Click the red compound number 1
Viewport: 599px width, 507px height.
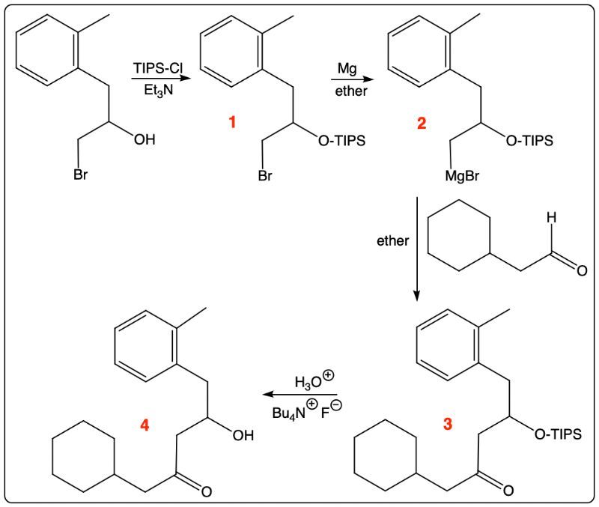click(x=232, y=123)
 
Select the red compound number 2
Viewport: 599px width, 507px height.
click(x=422, y=124)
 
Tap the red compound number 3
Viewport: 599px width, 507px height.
click(x=447, y=424)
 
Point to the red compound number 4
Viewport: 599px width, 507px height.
click(x=145, y=425)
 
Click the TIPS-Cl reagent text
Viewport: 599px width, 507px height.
click(x=158, y=68)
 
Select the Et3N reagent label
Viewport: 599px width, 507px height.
click(x=158, y=91)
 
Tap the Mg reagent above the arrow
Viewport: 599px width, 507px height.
click(x=347, y=69)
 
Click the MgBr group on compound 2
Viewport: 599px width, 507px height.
click(x=462, y=176)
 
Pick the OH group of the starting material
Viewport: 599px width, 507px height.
click(x=145, y=139)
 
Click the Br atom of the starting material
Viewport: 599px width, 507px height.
click(x=81, y=174)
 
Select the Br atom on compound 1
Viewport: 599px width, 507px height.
click(x=265, y=175)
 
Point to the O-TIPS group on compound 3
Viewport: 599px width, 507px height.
click(x=558, y=434)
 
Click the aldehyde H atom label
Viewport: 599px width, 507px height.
click(x=551, y=218)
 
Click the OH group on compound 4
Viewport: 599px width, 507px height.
click(x=243, y=435)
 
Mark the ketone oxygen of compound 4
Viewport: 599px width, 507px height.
click(x=207, y=491)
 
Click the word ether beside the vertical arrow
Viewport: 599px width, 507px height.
click(x=392, y=240)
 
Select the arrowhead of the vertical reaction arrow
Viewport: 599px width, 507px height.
click(x=417, y=296)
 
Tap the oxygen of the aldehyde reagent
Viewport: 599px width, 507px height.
click(x=582, y=270)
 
